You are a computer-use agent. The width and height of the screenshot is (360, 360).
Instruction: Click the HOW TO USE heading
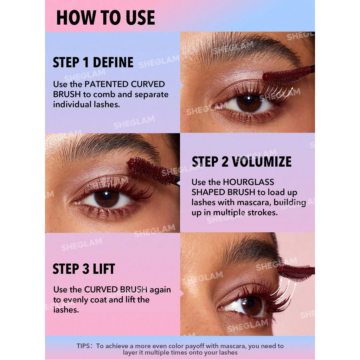click(x=105, y=18)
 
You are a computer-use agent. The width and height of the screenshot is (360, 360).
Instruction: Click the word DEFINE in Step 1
click(x=113, y=62)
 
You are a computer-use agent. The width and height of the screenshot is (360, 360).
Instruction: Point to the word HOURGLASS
click(x=249, y=182)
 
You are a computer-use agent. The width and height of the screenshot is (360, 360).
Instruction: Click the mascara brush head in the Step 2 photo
click(x=150, y=170)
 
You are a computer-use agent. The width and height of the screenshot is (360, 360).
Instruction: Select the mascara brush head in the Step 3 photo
click(x=295, y=272)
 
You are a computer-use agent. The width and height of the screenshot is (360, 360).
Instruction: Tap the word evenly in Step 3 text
click(x=76, y=300)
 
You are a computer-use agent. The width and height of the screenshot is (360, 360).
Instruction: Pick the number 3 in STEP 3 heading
click(x=86, y=269)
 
